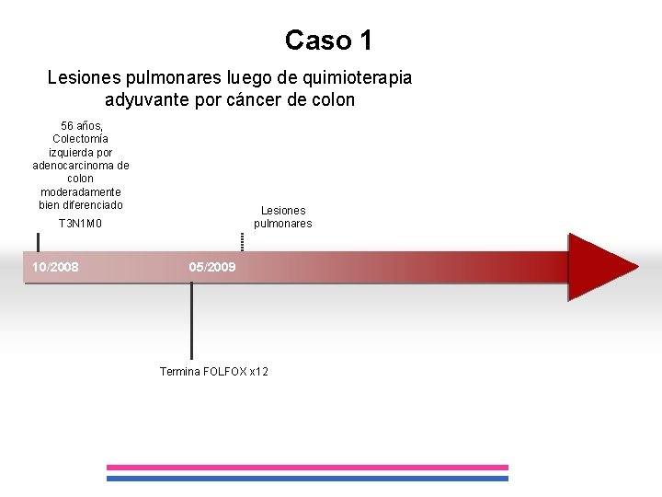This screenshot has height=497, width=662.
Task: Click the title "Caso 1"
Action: pos(328,40)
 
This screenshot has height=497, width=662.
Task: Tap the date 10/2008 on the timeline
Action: pos(55,267)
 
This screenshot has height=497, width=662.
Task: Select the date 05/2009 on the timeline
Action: pos(212,267)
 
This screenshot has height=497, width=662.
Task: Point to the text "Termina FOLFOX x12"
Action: pos(214,371)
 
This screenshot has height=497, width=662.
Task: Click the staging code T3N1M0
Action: pos(80,224)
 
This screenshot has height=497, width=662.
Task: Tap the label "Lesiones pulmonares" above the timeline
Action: pos(282,217)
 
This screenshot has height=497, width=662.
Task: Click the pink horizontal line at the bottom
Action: pos(307,468)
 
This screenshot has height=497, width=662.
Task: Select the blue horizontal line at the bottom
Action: pos(307,479)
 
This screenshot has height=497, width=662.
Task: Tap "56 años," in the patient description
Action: pos(81,125)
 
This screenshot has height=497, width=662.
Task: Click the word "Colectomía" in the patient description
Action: pos(81,139)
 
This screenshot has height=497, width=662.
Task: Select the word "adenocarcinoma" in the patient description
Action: pos(81,166)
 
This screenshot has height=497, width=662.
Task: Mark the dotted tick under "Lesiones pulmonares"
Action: pos(242,241)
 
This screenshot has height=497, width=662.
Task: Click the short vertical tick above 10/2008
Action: pos(38,241)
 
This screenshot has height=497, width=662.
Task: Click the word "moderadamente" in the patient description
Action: pos(81,191)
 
